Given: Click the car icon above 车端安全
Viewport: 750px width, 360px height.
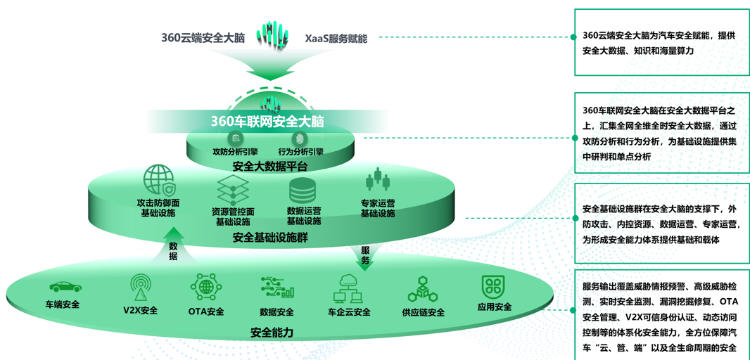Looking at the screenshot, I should point(65,287).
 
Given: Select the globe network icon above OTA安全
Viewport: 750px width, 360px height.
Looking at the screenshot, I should point(206,287).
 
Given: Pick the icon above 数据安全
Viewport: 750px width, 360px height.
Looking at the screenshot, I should point(277,288).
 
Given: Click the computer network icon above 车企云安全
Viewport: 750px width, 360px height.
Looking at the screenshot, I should point(349,288).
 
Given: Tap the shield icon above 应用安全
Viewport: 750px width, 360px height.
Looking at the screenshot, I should point(494,286).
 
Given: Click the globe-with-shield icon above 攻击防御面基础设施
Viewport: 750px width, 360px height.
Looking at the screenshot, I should point(159,180).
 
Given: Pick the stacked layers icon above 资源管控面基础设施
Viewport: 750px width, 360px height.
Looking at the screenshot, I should point(233,189).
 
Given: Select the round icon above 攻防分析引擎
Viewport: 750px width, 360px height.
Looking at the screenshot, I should point(236,139).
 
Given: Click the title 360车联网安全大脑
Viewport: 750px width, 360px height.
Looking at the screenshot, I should point(267,121).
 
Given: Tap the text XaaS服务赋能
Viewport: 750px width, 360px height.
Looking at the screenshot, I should point(336,38).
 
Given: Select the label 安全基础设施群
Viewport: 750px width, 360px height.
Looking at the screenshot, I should point(270,238).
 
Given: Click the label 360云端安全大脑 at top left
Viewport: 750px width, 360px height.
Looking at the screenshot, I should point(203,38).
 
